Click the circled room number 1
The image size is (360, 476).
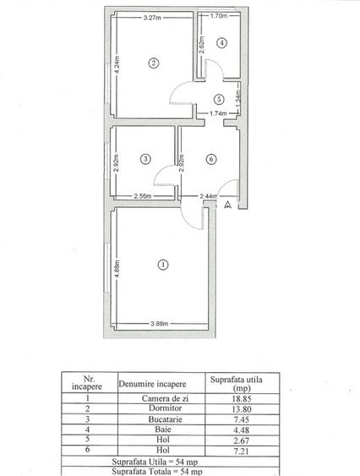162,265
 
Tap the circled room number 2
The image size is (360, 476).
153,62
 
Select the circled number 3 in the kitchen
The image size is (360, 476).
145,158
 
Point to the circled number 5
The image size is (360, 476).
218,98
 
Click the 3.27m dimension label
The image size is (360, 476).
153,17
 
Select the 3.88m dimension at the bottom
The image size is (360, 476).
160,322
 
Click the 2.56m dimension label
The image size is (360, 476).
144,197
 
